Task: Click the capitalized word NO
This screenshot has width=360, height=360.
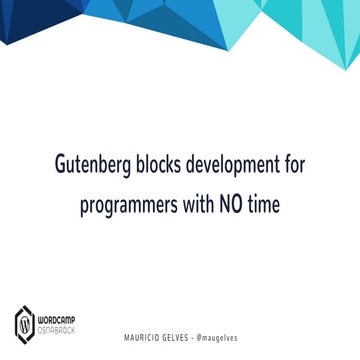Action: point(236,203)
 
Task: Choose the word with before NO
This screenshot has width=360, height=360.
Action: point(200,203)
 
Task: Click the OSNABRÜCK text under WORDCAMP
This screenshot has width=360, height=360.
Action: point(55,330)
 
